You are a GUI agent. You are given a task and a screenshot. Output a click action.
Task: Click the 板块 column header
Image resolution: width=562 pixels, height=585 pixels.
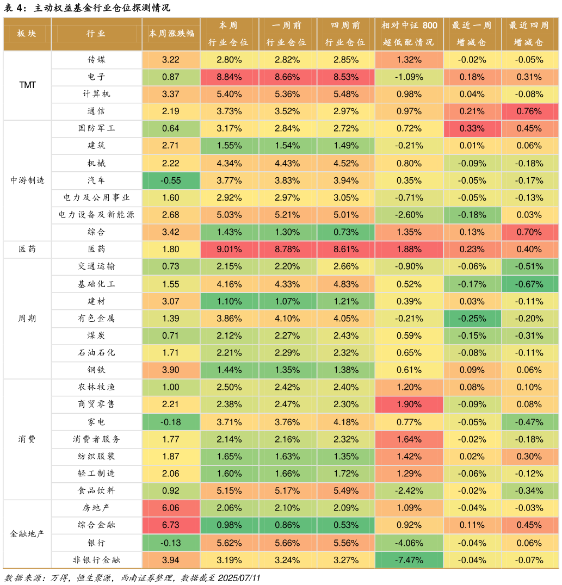point(27,34)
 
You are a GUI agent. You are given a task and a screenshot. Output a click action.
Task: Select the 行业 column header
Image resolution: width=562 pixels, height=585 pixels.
point(96,34)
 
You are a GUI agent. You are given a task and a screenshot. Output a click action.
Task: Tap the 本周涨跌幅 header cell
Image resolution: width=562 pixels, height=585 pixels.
point(171,34)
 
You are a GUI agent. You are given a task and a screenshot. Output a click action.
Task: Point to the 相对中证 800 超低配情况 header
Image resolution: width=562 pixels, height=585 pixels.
point(409,34)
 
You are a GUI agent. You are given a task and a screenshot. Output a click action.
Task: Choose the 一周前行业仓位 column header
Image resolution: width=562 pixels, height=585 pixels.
point(287,34)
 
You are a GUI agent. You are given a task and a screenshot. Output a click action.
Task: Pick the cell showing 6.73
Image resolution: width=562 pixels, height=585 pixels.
point(171,525)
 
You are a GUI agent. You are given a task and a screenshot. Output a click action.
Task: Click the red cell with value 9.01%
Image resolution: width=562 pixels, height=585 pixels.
point(229,249)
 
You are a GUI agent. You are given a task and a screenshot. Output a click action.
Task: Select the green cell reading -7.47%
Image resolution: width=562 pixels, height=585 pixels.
point(409,560)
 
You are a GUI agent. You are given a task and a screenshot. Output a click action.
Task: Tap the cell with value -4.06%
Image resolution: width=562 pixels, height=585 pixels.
point(409,543)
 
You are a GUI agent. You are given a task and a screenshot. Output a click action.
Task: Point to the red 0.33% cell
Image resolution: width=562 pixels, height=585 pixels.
point(472,128)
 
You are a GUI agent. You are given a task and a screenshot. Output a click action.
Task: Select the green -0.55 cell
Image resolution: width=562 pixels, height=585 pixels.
point(171,181)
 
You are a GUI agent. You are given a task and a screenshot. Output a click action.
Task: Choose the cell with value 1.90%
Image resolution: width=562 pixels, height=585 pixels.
point(409,404)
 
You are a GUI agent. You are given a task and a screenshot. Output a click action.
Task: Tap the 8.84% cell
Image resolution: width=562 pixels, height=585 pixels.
point(229,77)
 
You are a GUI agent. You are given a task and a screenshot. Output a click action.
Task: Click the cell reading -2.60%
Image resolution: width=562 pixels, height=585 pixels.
point(409,215)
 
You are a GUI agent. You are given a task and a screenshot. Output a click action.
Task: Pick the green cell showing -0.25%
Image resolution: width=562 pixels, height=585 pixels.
point(472,319)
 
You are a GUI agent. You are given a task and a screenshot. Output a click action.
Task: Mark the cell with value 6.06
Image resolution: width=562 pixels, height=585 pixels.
point(171,508)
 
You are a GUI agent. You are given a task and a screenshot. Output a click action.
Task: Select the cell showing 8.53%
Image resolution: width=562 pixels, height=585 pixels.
point(345,77)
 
